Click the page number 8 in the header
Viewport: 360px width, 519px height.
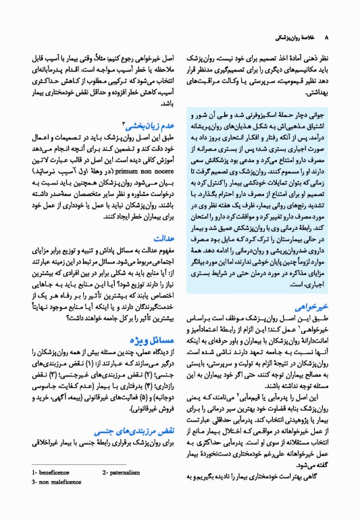point(327,37)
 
